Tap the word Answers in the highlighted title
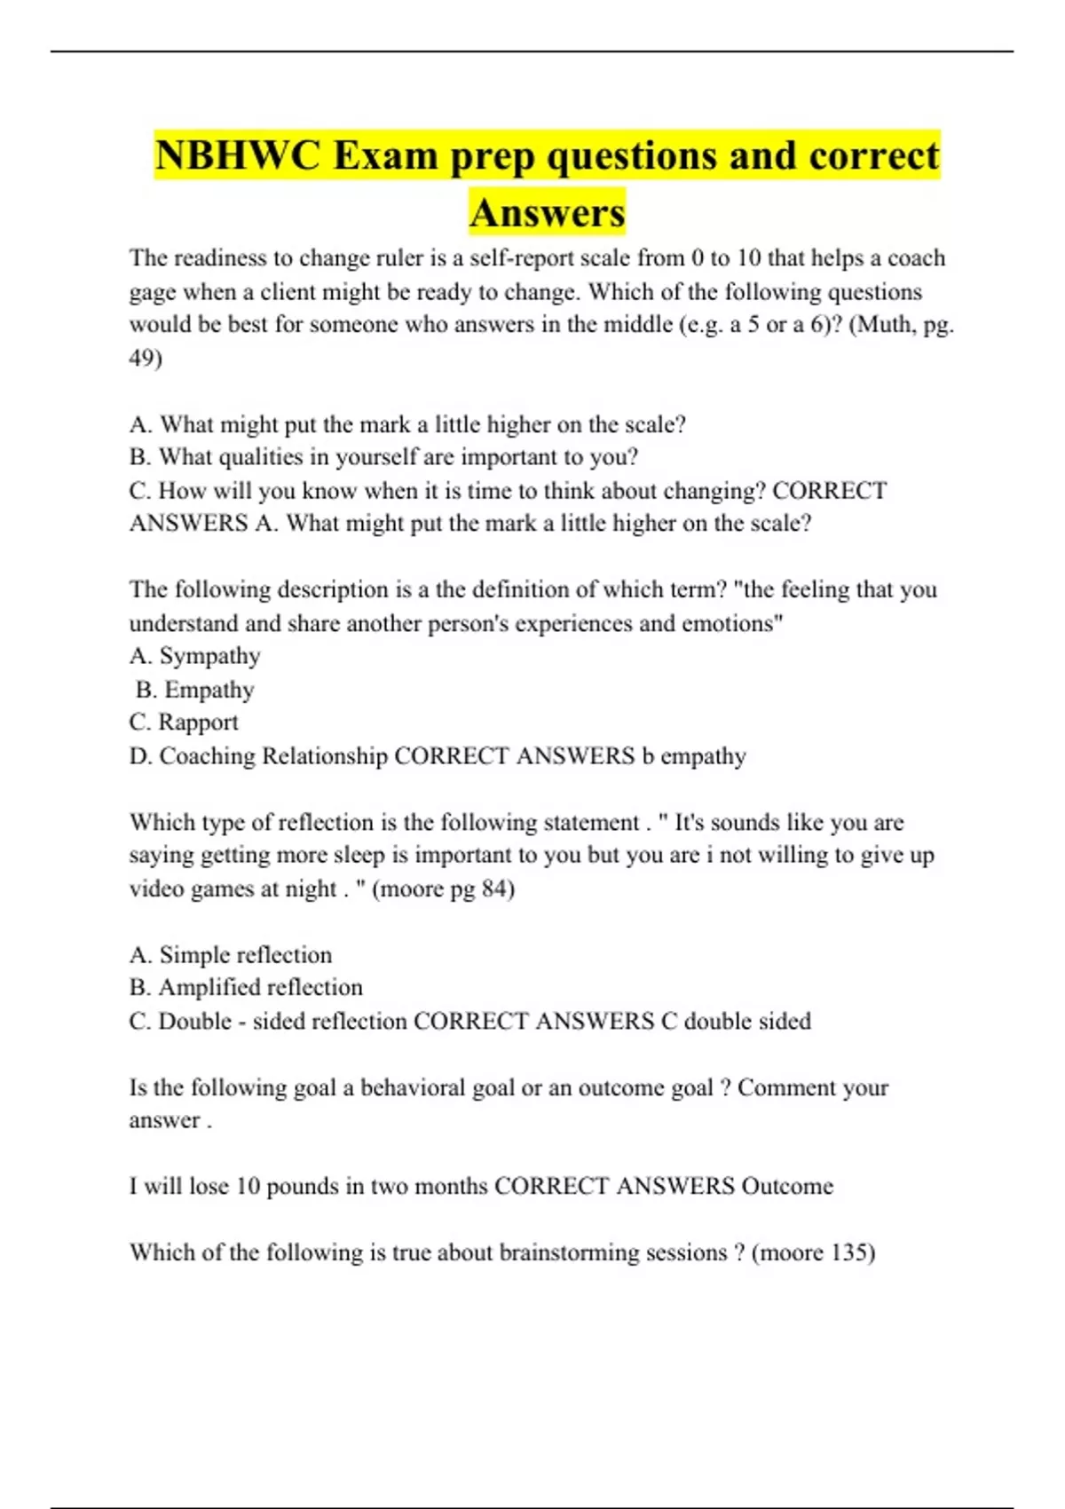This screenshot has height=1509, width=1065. click(x=548, y=213)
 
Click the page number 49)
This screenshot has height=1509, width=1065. click(x=146, y=358)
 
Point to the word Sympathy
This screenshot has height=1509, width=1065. click(x=209, y=656)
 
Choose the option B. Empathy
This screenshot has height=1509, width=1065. click(x=195, y=690)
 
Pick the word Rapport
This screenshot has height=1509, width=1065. click(x=198, y=723)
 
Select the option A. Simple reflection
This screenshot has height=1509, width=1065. click(x=231, y=955)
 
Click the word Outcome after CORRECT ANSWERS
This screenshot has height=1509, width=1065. click(x=787, y=1187)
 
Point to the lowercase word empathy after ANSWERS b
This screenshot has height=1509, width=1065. click(x=703, y=756)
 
